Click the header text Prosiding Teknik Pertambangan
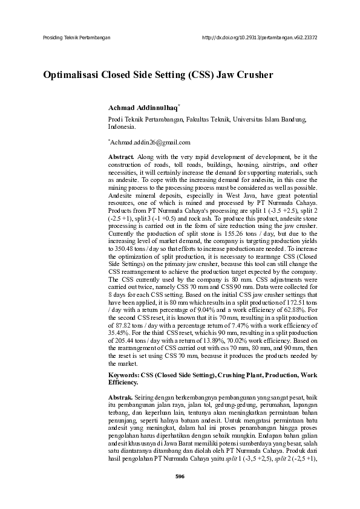[x=77, y=37]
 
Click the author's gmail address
[x=149, y=143]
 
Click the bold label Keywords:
[x=123, y=375]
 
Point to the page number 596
[x=180, y=493]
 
